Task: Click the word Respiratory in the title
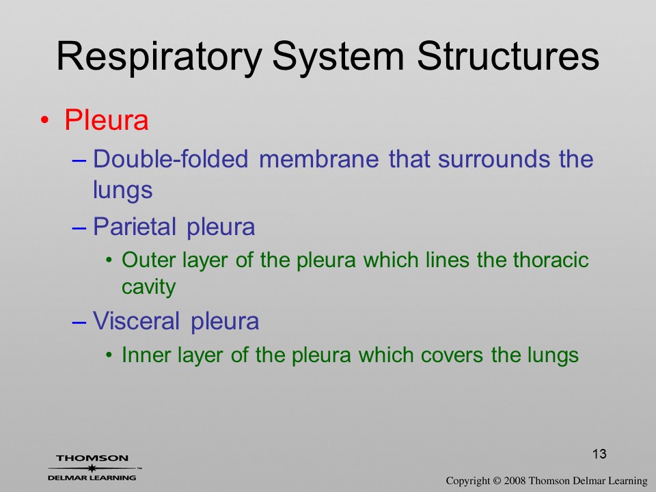[x=159, y=57]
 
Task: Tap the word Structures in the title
[x=508, y=55]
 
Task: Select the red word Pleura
[x=107, y=120]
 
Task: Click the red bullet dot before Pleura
[x=45, y=120]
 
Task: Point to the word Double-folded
[x=170, y=159]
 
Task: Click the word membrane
[x=319, y=159]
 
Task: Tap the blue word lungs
[x=122, y=191]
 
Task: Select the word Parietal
[x=135, y=227]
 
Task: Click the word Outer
[x=148, y=260]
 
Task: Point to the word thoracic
[x=551, y=260]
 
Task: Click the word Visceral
[x=136, y=321]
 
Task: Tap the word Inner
[x=146, y=355]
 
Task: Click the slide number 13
[x=599, y=454]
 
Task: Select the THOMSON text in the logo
[x=92, y=458]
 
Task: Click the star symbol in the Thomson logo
[x=92, y=468]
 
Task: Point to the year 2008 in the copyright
[x=515, y=480]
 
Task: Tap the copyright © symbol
[x=497, y=481]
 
